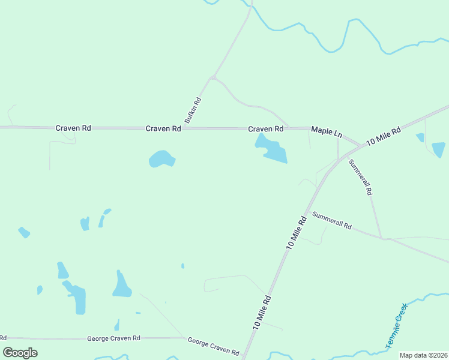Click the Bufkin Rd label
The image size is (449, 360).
[193, 111]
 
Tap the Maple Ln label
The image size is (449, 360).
[326, 130]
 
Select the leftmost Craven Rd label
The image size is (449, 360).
[73, 128]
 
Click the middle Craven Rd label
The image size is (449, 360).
[163, 128]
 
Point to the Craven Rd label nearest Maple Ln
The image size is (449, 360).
[266, 129]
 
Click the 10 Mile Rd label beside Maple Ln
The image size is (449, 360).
[383, 136]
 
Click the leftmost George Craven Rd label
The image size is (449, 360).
[113, 338]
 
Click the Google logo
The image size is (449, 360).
[20, 353]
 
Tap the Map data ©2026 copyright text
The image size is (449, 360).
[423, 355]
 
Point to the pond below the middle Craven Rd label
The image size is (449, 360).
[161, 159]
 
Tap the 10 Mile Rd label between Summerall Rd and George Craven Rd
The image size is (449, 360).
[297, 232]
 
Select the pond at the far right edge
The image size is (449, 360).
[438, 149]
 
